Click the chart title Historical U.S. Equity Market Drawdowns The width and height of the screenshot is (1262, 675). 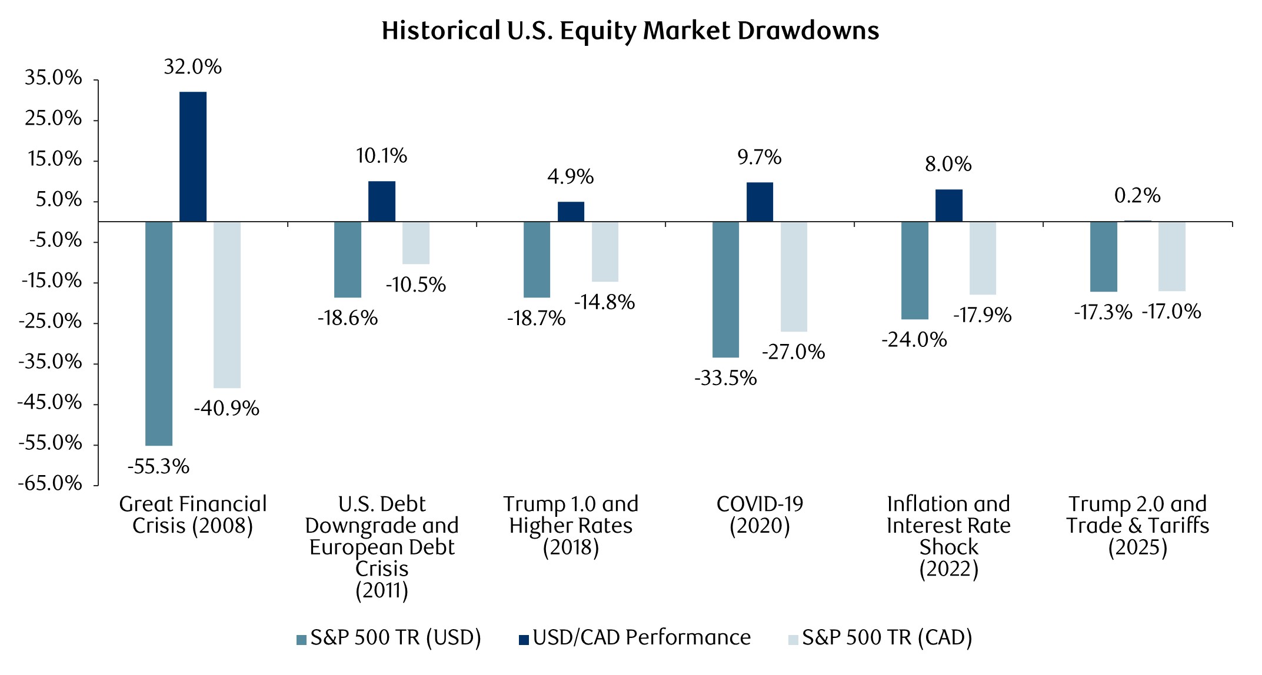[x=630, y=31]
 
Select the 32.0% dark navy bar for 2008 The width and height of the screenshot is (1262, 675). [x=193, y=156]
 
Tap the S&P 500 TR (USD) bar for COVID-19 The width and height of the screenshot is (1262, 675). [x=725, y=289]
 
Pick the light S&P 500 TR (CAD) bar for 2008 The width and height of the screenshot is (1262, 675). [x=227, y=305]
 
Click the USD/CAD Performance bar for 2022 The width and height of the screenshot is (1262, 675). [x=948, y=205]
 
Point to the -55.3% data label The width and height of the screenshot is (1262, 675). [x=159, y=467]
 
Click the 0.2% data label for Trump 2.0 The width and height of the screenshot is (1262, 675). [x=1137, y=196]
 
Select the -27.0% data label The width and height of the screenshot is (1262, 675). [x=794, y=352]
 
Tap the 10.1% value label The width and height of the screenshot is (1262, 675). [x=381, y=156]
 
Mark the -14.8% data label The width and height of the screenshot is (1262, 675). [x=604, y=302]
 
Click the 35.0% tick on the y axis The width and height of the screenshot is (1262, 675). [x=53, y=78]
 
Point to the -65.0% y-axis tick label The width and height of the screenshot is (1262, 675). [x=50, y=483]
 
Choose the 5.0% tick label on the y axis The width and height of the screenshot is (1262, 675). [x=58, y=200]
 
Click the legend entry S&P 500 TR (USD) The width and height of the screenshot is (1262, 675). [x=389, y=638]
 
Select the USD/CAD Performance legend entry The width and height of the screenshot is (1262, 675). [x=635, y=638]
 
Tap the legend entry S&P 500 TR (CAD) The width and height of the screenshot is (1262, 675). [x=880, y=638]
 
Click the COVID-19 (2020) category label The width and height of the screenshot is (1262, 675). [x=760, y=514]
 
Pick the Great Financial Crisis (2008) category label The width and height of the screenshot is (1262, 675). [x=193, y=514]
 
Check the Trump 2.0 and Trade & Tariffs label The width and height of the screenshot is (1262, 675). [x=1137, y=525]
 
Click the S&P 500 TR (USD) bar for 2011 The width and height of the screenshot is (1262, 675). [x=348, y=259]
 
